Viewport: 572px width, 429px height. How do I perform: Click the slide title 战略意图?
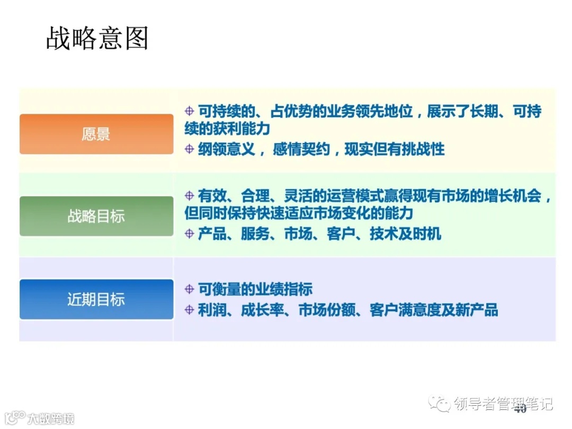coord(97,38)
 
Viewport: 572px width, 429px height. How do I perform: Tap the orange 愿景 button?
coord(96,134)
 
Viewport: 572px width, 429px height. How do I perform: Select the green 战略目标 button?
coord(96,216)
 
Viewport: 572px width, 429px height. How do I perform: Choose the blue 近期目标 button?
coord(96,299)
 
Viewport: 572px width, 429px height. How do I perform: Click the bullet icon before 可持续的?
coord(189,112)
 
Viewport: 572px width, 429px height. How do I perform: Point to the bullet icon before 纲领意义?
coord(189,149)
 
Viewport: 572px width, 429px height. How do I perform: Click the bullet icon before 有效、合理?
coord(189,195)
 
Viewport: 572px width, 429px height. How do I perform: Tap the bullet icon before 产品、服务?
coord(189,233)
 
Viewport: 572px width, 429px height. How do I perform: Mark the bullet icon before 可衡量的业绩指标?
coord(189,289)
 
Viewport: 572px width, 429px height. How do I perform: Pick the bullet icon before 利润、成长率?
coord(189,310)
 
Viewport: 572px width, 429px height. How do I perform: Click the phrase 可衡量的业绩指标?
coord(255,289)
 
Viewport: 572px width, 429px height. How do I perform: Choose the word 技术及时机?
coord(405,234)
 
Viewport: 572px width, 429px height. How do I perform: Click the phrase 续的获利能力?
coord(227,129)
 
